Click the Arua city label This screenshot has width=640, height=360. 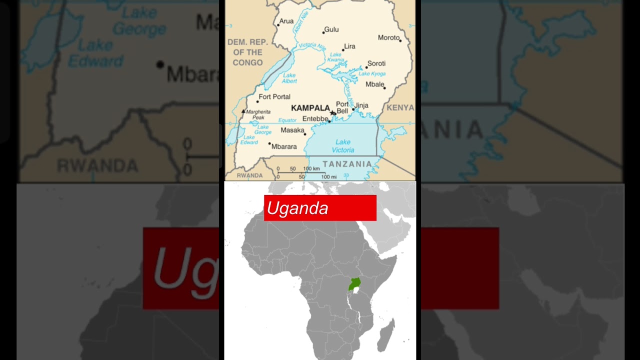tap(286, 21)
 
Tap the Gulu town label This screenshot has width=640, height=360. tap(331, 29)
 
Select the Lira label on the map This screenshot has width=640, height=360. tap(350, 46)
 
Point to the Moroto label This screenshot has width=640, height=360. tap(388, 37)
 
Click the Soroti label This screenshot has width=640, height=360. tap(376, 63)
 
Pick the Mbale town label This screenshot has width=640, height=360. tap(374, 84)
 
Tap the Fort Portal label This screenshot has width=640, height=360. tap(274, 96)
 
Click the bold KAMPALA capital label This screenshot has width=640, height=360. tap(310, 108)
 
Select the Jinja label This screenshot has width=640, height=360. tap(361, 105)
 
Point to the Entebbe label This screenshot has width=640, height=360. tap(315, 118)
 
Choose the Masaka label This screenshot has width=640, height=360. tap(292, 130)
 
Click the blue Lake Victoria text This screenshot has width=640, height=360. tap(343, 146)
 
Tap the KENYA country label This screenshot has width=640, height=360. tap(400, 107)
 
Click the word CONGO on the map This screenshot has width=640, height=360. tap(247, 62)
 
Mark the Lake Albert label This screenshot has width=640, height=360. tap(289, 78)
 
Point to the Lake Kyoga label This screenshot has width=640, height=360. tap(372, 74)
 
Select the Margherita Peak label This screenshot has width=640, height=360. tap(258, 114)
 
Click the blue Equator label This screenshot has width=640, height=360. tap(287, 120)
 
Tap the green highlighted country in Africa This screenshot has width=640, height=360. tap(354, 284)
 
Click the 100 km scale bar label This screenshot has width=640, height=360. tap(311, 169)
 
